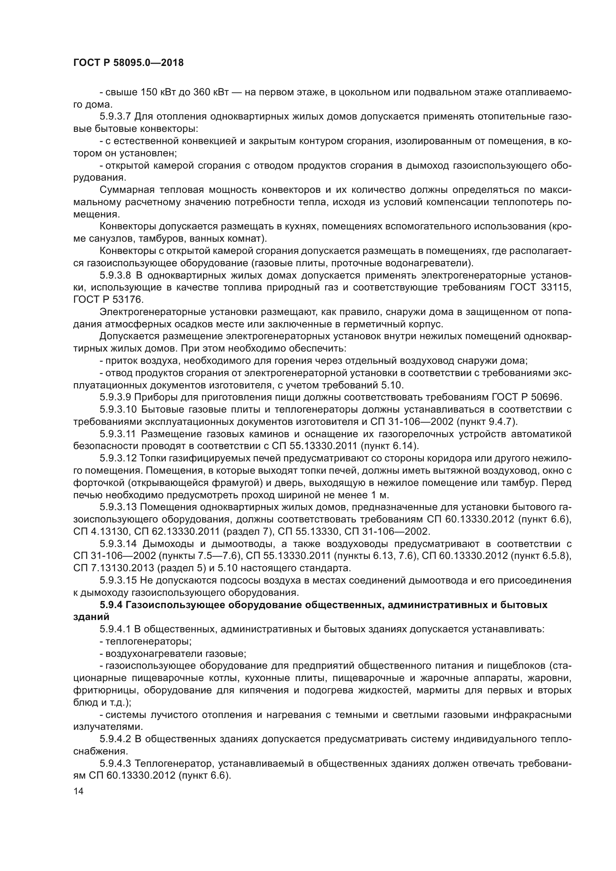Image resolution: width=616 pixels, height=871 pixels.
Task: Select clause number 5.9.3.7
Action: (115, 117)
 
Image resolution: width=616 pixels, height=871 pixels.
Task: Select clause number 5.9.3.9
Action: (115, 397)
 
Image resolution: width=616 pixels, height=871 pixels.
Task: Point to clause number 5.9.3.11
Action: (118, 434)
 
